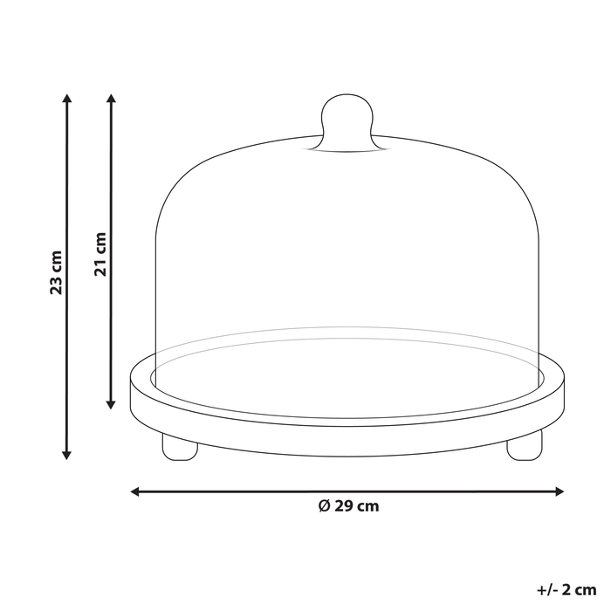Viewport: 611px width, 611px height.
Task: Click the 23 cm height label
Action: point(57,273)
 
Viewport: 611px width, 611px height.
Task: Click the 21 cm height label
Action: point(100,254)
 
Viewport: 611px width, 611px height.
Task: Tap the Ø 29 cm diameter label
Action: point(348,506)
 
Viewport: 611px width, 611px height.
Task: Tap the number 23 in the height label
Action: point(57,285)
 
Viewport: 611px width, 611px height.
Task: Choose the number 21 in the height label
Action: point(100,266)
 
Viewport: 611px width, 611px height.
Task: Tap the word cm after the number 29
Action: point(368,506)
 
